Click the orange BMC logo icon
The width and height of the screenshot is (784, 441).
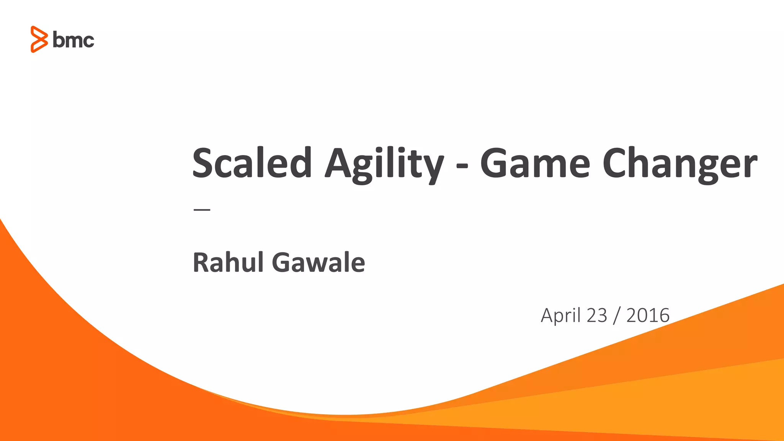39,39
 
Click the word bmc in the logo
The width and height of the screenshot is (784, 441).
73,40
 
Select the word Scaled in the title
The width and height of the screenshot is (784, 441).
252,163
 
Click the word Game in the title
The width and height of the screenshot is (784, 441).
535,164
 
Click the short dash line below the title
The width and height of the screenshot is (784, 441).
202,210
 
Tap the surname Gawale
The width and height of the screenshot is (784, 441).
318,263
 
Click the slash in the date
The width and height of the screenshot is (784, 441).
616,316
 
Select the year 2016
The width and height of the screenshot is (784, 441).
648,315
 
